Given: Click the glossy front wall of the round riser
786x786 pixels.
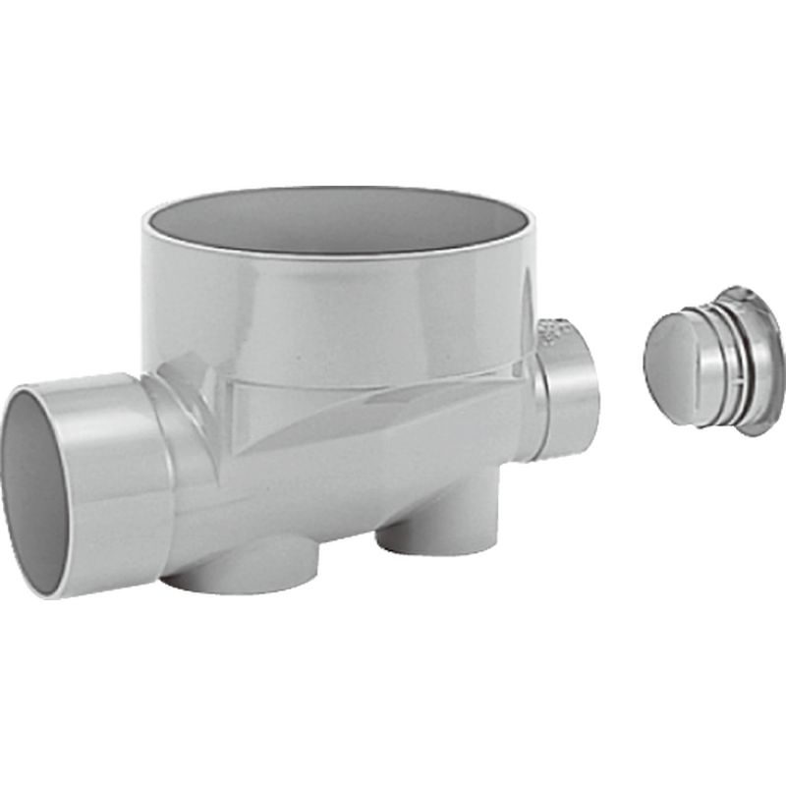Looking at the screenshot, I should [334, 314].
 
